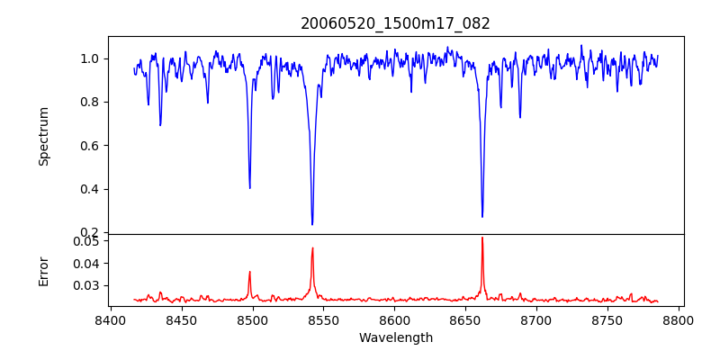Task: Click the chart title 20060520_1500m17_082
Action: pyautogui.click(x=395, y=23)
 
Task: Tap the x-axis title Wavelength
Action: pyautogui.click(x=395, y=338)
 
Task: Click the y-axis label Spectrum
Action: pyautogui.click(x=43, y=136)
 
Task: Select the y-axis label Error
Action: pyautogui.click(x=43, y=270)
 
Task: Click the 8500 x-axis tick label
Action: pyautogui.click(x=252, y=319)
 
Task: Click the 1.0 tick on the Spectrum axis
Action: pyautogui.click(x=90, y=58)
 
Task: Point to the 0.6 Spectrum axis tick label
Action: pyautogui.click(x=90, y=146)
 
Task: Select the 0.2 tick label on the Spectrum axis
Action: pyautogui.click(x=90, y=232)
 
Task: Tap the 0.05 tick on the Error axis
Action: pyautogui.click(x=86, y=241)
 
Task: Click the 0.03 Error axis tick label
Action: pyautogui.click(x=86, y=285)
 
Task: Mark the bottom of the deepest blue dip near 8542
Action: pyautogui.click(x=312, y=224)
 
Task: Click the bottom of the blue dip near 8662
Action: pyautogui.click(x=482, y=217)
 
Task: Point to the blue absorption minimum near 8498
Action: pyautogui.click(x=249, y=187)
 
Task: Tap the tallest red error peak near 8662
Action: pyautogui.click(x=482, y=238)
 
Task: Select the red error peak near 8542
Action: pyautogui.click(x=312, y=247)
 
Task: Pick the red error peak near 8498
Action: pyautogui.click(x=249, y=272)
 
